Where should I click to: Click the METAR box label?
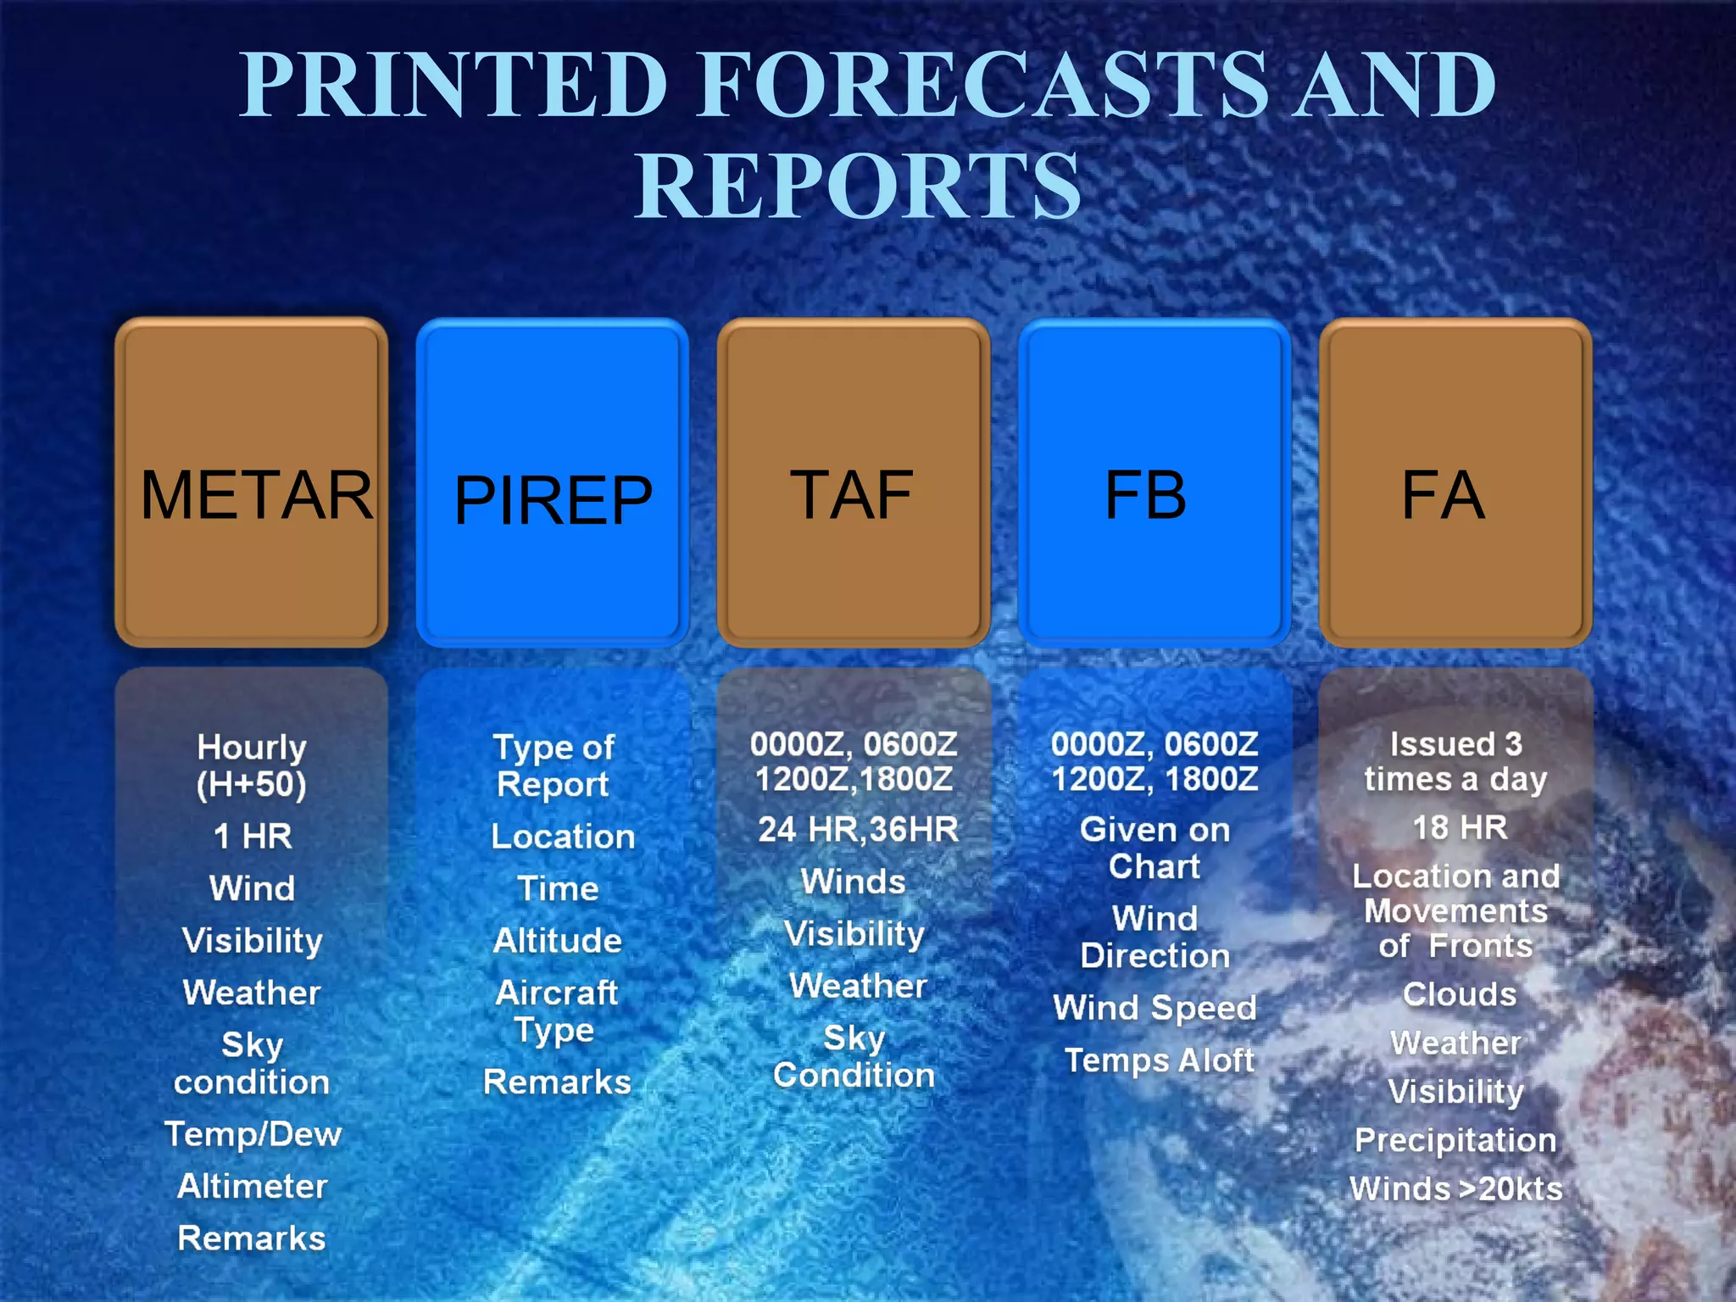[256, 495]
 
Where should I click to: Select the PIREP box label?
[553, 500]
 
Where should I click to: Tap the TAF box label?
[852, 495]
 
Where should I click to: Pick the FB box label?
[1145, 495]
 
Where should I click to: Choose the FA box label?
[1443, 495]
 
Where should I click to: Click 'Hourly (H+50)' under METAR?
[252, 765]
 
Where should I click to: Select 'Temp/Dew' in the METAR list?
[253, 1134]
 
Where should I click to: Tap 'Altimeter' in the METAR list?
[253, 1186]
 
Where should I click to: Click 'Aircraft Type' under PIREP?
[557, 1010]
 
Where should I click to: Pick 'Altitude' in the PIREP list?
[558, 940]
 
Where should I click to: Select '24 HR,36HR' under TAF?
[858, 829]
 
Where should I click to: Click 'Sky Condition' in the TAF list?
[854, 1056]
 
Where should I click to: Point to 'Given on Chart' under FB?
[1155, 848]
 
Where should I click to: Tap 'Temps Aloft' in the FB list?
[1159, 1060]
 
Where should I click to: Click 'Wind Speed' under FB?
[1155, 1008]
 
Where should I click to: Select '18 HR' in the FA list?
[1460, 827]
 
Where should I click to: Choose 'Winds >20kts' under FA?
[1455, 1188]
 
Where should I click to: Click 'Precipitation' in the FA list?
[1455, 1140]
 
